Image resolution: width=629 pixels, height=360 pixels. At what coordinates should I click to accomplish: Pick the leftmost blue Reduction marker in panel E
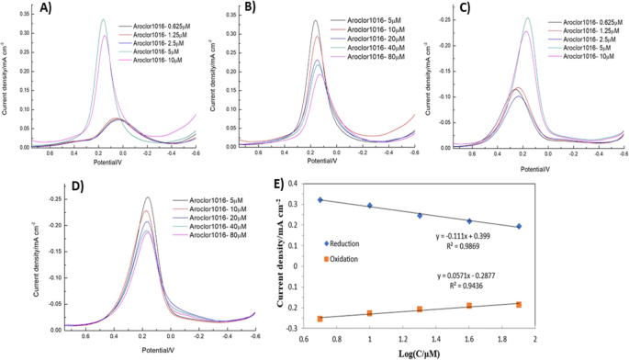tap(320, 200)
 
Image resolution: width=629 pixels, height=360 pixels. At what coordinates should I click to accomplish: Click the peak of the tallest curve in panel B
tap(315, 21)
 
